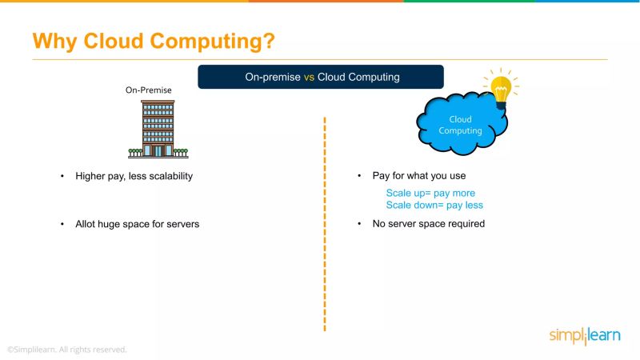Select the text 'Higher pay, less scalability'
pyautogui.click(x=134, y=176)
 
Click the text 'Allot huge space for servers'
pyautogui.click(x=137, y=224)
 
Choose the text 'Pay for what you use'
pyautogui.click(x=419, y=176)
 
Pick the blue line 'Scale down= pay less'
pyautogui.click(x=434, y=205)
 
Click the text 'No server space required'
pyautogui.click(x=429, y=224)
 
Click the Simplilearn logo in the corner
pyautogui.click(x=584, y=335)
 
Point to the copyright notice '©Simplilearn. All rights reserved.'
pyautogui.click(x=67, y=350)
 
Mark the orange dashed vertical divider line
pyautogui.click(x=325, y=224)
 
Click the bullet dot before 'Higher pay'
pyautogui.click(x=62, y=176)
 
